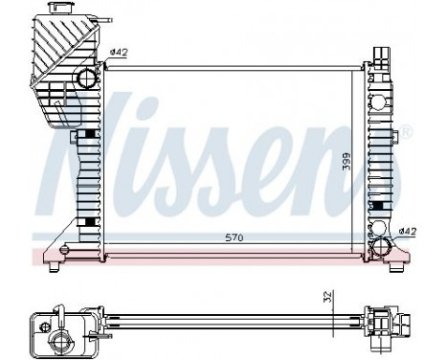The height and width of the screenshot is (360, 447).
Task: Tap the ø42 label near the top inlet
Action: pos(118,52)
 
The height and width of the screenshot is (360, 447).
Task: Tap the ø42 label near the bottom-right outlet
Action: pos(406,230)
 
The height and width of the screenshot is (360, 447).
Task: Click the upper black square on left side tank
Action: pos(88,134)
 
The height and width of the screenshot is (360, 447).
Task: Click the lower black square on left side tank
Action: pos(88,222)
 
